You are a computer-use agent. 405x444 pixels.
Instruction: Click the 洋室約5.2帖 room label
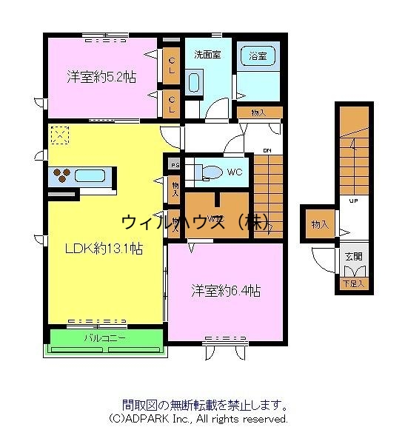click(x=101, y=76)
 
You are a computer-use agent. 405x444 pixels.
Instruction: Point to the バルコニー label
click(x=104, y=338)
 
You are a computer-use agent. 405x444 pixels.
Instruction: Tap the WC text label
click(x=235, y=172)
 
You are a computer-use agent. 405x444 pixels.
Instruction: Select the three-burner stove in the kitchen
click(x=61, y=177)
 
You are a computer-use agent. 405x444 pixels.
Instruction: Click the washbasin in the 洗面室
click(x=194, y=82)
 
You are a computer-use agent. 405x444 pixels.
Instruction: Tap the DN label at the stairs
click(x=267, y=150)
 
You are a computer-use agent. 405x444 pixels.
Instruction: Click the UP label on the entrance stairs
click(x=354, y=201)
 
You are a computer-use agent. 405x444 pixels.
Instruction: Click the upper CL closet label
click(x=171, y=61)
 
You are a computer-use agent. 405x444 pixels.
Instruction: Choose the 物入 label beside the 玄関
click(x=320, y=224)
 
